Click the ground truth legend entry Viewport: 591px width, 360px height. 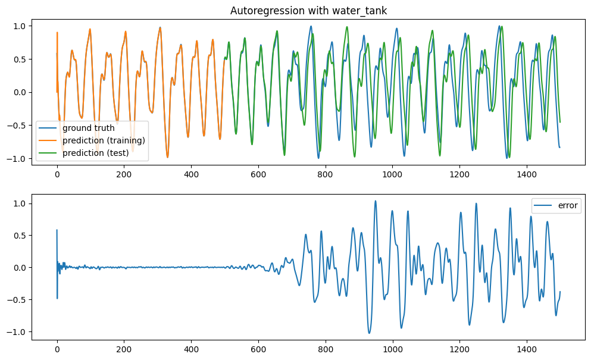tap(88, 128)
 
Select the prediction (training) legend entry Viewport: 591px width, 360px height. tap(104, 140)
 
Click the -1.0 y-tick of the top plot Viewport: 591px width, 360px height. tap(18, 159)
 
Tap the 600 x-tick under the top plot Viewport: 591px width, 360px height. tap(258, 174)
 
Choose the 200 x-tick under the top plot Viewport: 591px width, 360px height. tap(124, 174)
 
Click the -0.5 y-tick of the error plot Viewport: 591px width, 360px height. tap(18, 300)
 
